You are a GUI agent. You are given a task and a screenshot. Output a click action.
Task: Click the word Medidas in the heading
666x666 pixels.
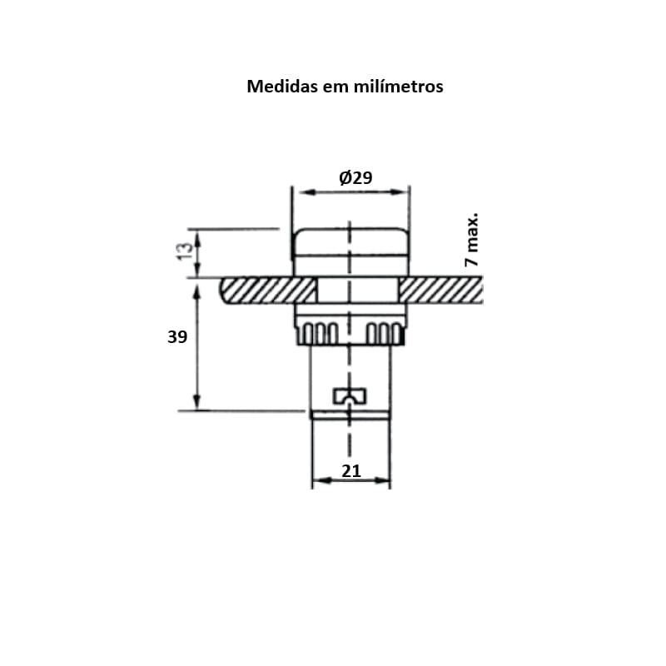coord(282,87)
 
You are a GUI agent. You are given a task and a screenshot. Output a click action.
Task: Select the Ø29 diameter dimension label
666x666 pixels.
coord(356,177)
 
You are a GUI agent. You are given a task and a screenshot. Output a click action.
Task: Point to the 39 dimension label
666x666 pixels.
coord(177,337)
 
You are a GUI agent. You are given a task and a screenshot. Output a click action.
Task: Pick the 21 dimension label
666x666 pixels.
coord(351,471)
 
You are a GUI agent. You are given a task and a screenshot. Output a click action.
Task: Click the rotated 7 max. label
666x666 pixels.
coord(471,240)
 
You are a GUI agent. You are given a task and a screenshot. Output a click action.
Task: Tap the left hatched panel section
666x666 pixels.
coord(267,290)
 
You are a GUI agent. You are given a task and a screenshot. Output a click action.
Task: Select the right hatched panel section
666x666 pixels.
coord(440,290)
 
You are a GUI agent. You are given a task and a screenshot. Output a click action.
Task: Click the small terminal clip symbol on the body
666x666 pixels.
coord(350,396)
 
